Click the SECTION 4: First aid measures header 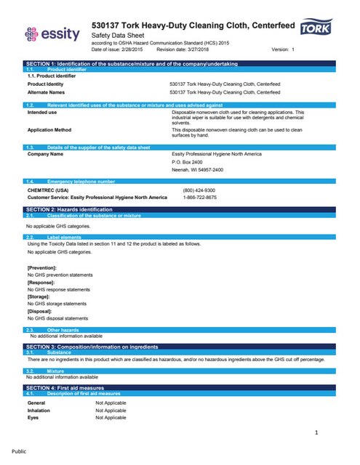180,389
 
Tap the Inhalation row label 40,411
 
